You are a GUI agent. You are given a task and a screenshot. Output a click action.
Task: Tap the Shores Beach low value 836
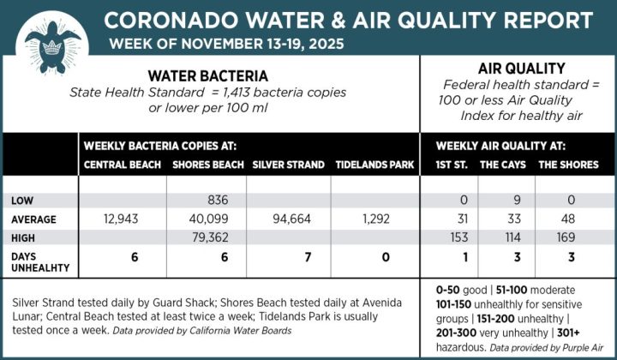[x=210, y=201]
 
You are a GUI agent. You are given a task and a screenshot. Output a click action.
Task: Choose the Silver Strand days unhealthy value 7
[x=288, y=257]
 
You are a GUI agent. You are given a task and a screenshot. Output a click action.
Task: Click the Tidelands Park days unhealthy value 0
[x=374, y=257]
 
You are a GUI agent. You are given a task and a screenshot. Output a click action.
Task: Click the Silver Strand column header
[x=288, y=165]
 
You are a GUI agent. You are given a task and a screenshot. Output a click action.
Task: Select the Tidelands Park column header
[x=374, y=165]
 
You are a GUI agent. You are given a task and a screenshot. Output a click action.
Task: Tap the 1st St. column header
[x=452, y=165]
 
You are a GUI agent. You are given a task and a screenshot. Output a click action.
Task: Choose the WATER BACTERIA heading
[x=207, y=75]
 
